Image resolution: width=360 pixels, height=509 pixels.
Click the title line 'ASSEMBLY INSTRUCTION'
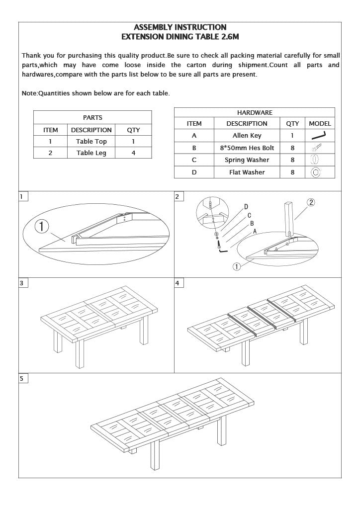(180, 27)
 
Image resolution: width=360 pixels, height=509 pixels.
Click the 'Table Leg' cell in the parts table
(91, 153)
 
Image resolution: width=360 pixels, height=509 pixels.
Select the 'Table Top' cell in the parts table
(91, 142)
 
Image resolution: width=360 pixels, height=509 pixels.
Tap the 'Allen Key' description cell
(247, 136)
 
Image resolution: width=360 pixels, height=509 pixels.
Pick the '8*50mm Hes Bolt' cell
(247, 148)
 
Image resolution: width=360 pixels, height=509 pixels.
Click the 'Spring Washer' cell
(247, 160)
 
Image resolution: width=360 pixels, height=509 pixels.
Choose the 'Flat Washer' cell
(247, 172)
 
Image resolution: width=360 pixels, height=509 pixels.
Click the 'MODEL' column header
(320, 124)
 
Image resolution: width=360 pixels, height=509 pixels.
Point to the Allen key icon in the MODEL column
(318, 135)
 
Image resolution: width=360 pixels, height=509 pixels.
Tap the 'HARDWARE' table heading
(255, 113)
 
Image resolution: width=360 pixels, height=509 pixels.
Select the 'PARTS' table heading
(92, 118)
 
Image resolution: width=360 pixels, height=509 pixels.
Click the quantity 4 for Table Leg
(133, 153)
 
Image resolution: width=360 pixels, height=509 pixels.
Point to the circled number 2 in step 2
(310, 202)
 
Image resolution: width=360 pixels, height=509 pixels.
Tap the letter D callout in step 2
(246, 207)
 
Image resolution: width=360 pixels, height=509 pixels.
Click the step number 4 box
(179, 283)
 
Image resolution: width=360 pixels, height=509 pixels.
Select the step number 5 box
(22, 379)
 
